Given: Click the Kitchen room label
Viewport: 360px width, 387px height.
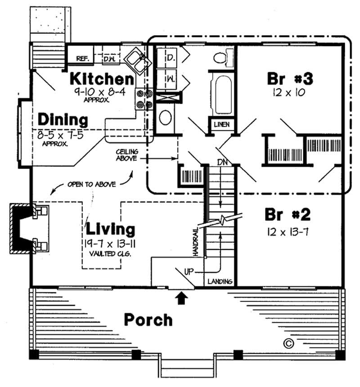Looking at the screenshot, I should tap(101, 79).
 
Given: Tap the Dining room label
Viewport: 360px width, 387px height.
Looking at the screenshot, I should tap(63, 120).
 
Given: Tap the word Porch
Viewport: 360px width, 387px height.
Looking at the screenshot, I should tap(148, 320).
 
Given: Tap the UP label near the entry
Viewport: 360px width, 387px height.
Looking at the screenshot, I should tap(189, 272).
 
